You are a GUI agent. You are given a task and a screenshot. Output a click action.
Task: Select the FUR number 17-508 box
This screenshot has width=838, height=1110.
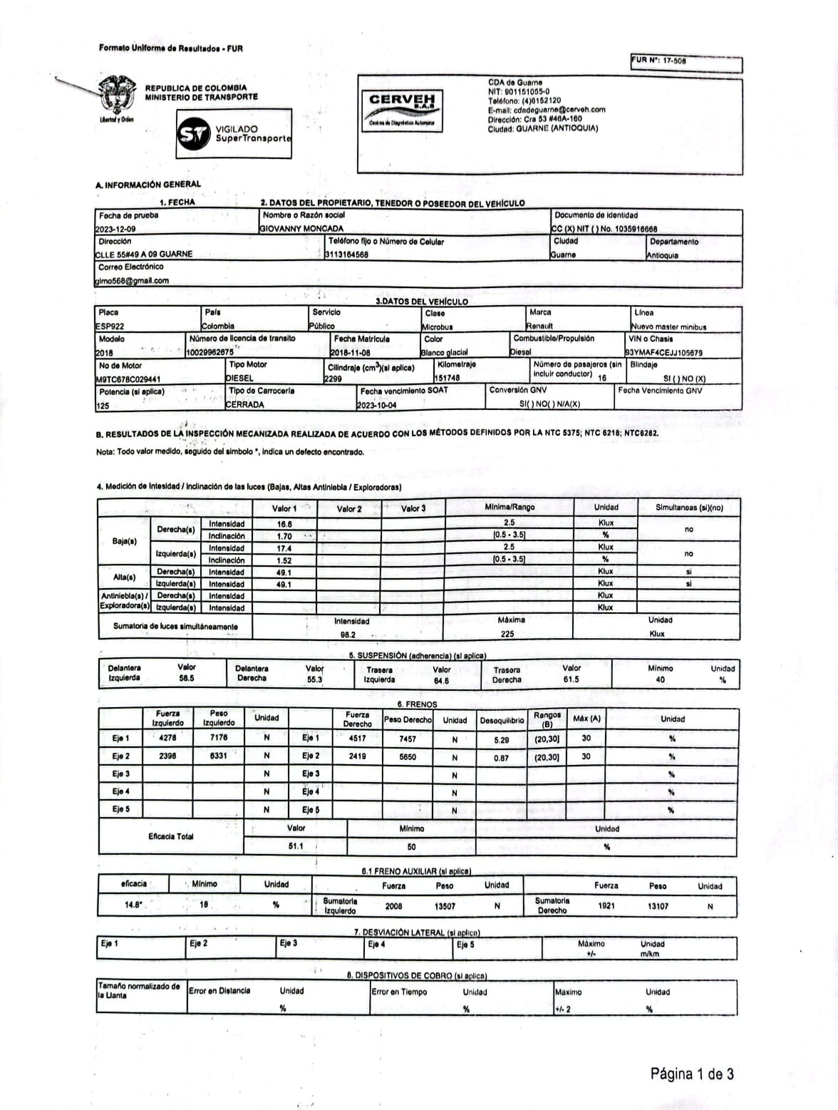pos(686,63)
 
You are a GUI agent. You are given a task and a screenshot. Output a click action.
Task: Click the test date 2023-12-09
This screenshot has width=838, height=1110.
pos(115,229)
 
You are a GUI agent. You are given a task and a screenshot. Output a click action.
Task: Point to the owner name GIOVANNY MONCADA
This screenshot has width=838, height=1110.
pos(301,229)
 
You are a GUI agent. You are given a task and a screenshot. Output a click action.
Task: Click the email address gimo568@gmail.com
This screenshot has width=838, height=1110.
pos(132,280)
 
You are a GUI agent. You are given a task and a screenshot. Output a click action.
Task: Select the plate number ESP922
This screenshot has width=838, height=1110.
pos(110,326)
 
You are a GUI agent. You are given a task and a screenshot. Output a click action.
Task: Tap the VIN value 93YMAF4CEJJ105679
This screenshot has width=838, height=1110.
pos(663,352)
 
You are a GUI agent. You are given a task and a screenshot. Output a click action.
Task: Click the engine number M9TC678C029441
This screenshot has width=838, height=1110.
pos(128,379)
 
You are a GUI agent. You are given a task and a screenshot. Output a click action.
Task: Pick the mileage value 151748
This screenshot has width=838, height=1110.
pos(447,378)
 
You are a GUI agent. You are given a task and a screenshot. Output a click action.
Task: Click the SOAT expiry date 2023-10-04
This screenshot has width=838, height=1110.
pos(377,405)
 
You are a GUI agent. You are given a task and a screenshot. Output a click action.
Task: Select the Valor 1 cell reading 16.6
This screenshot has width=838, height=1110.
pos(284,524)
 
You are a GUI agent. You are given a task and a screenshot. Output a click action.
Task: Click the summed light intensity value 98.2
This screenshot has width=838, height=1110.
pos(348,634)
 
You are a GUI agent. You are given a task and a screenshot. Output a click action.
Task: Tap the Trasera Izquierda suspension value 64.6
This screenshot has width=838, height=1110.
pos(441,681)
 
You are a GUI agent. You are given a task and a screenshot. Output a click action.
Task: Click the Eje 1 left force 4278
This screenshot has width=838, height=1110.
pos(168,739)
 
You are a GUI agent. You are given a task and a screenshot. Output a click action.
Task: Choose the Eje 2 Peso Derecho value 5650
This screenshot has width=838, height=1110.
pos(408,757)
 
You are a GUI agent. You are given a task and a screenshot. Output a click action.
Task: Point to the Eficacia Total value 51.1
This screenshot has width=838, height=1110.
pos(296,846)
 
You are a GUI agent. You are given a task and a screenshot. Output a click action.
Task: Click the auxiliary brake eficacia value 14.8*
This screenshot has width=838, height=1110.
pos(134,905)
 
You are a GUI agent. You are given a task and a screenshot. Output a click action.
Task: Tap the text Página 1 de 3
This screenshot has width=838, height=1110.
pos(691,1074)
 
